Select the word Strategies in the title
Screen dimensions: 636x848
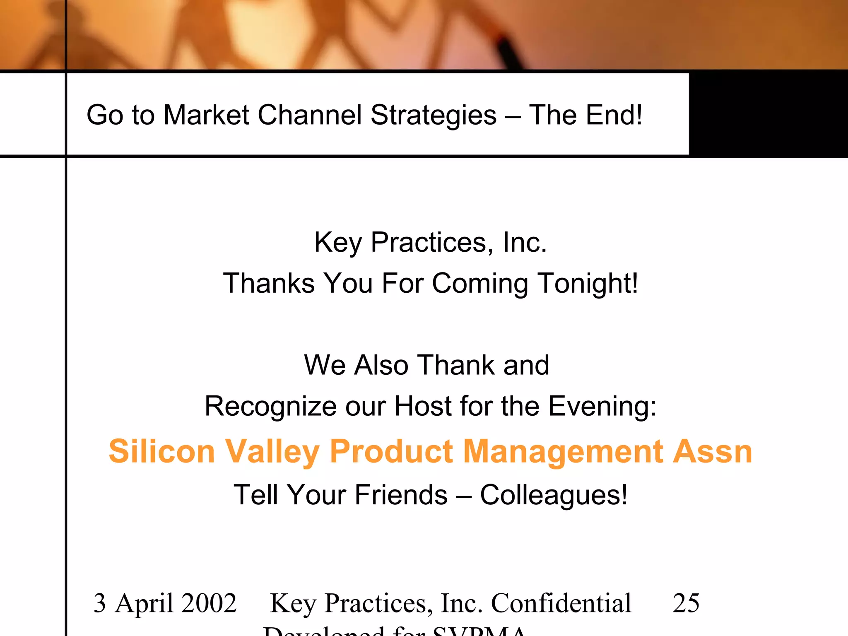[433, 115]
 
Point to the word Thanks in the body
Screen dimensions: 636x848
[269, 283]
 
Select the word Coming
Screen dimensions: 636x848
[480, 284]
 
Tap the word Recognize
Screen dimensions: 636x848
[270, 407]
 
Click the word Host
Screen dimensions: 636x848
[422, 406]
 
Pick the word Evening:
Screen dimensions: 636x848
[603, 407]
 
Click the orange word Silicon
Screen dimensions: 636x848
[162, 451]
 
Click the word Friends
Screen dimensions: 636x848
[401, 495]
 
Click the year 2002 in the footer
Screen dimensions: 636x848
[209, 603]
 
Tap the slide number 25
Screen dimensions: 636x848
[686, 603]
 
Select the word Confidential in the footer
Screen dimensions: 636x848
[561, 603]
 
